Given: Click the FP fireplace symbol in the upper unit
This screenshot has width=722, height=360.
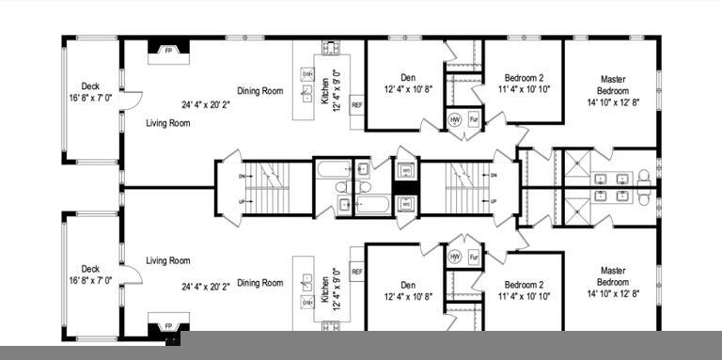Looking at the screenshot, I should [x=168, y=51].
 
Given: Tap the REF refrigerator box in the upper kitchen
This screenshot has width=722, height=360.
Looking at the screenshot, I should [x=356, y=104].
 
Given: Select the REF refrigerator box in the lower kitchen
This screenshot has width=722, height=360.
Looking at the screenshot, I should [x=356, y=272].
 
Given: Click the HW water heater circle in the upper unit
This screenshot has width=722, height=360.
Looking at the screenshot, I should [x=455, y=120].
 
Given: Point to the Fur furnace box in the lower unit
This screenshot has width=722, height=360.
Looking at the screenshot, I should [x=474, y=257].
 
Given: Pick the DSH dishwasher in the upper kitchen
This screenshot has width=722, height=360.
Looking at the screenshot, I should [x=307, y=72].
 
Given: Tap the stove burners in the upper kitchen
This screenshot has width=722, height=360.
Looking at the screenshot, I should [x=331, y=47].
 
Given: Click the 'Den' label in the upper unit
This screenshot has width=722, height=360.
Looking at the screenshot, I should [x=408, y=78].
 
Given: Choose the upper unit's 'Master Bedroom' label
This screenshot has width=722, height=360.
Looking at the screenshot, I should [x=612, y=85].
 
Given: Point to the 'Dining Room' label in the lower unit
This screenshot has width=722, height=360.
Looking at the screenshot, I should [x=259, y=283].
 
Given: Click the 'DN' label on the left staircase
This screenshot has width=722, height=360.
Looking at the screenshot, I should [x=243, y=176].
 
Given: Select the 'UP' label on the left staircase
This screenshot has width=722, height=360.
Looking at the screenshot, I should [x=243, y=202].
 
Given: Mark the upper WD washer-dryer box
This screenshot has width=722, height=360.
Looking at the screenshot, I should [x=405, y=171].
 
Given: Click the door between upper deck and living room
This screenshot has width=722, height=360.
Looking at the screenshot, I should [x=132, y=98].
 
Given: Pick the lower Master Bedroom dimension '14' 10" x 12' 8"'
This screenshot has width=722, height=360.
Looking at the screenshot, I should [x=612, y=294].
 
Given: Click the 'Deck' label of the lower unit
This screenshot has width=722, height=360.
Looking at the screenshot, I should [x=90, y=269].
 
